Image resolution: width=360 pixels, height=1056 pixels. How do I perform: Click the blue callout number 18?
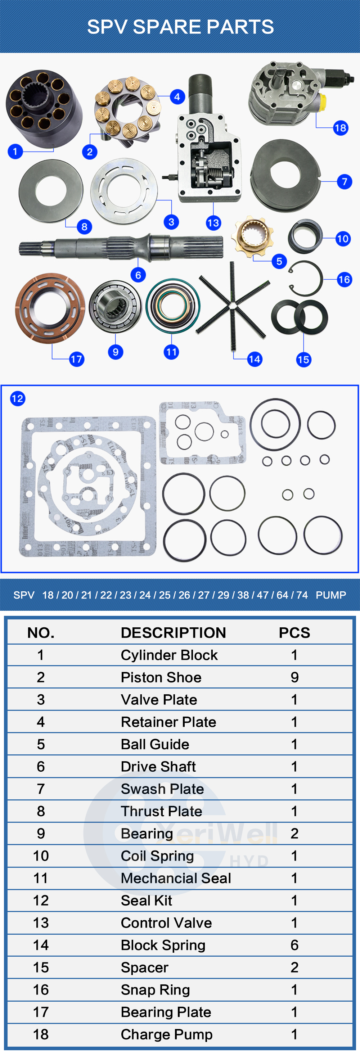pyautogui.click(x=340, y=128)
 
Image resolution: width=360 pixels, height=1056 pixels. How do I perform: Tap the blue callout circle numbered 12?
pyautogui.click(x=18, y=398)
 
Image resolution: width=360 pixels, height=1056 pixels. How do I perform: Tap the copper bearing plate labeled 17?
pyautogui.click(x=50, y=308)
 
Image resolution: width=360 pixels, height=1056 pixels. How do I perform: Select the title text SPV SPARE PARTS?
pyautogui.click(x=180, y=27)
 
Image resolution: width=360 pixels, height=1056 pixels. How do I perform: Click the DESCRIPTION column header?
pyautogui.click(x=173, y=632)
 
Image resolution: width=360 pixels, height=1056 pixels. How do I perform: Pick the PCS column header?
pyautogui.click(x=294, y=632)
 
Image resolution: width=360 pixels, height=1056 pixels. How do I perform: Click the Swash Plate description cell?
pyautogui.click(x=162, y=789)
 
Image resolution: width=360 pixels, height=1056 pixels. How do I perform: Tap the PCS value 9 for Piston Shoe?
pyautogui.click(x=294, y=677)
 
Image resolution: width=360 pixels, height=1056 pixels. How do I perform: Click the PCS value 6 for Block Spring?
pyautogui.click(x=294, y=945)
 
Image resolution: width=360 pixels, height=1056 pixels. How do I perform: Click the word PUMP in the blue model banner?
pyautogui.click(x=330, y=595)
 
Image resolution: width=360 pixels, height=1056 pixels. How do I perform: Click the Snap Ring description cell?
pyautogui.click(x=155, y=989)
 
